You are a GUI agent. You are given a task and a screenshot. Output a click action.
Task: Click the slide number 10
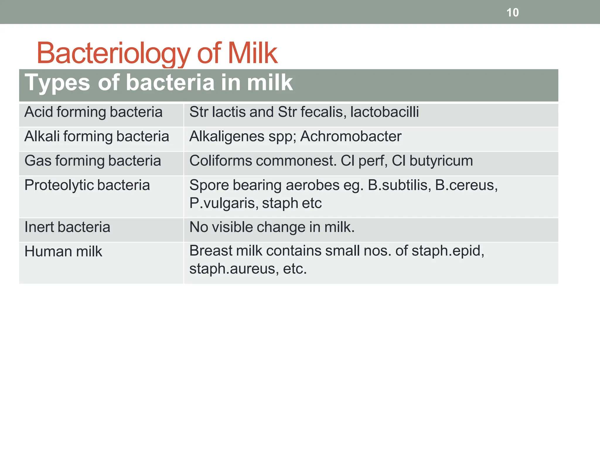pyautogui.click(x=512, y=13)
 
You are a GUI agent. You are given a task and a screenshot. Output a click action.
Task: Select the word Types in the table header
pyautogui.click(x=57, y=83)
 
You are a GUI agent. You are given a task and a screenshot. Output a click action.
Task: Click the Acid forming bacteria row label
pyautogui.click(x=93, y=112)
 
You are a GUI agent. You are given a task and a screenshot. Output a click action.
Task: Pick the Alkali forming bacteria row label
pyautogui.click(x=97, y=137)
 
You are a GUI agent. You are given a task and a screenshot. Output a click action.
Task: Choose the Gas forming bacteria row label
pyautogui.click(x=93, y=161)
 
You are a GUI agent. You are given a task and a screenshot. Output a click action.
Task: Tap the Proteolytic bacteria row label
pyautogui.click(x=87, y=185)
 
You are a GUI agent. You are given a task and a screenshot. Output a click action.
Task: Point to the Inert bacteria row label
pyautogui.click(x=67, y=227)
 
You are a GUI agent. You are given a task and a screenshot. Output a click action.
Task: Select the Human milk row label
pyautogui.click(x=63, y=252)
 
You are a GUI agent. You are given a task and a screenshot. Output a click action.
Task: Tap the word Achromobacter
pyautogui.click(x=351, y=137)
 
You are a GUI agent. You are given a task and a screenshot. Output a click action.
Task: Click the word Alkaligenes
pyautogui.click(x=227, y=137)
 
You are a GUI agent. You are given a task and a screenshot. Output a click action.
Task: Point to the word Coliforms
pyautogui.click(x=221, y=161)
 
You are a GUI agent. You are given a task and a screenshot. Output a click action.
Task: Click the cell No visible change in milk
pyautogui.click(x=272, y=227)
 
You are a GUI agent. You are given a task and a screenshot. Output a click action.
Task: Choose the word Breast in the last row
pyautogui.click(x=211, y=251)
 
